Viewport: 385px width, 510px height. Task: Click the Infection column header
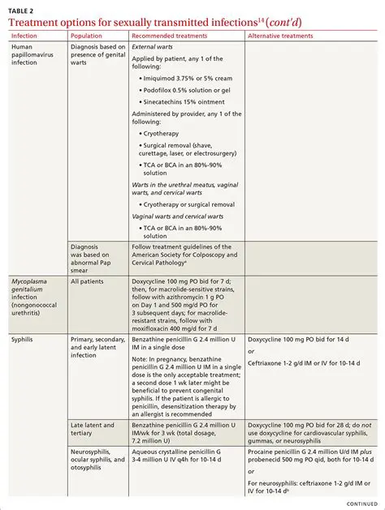(24, 36)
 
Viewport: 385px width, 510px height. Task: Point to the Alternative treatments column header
(280, 36)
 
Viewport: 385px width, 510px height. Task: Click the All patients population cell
(87, 281)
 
